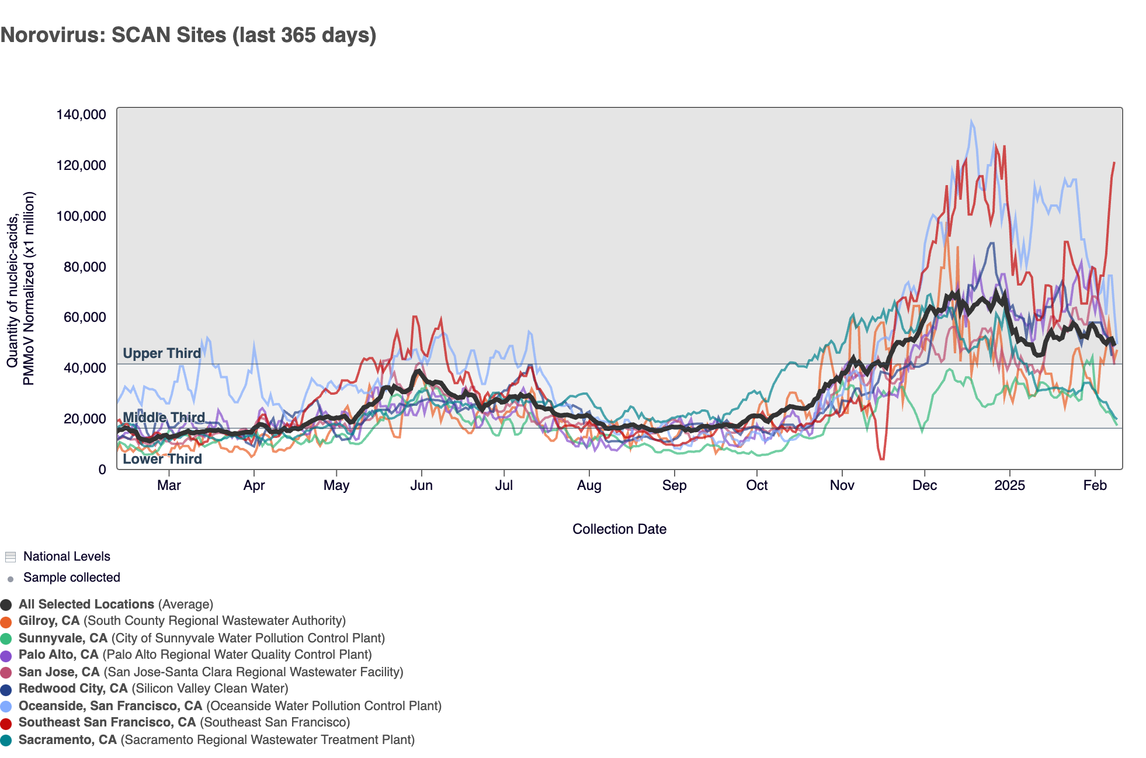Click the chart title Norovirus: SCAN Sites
(x=188, y=35)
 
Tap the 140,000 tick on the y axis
(x=81, y=114)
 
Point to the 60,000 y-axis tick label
(x=85, y=317)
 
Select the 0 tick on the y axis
(x=102, y=470)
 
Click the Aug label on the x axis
(x=589, y=485)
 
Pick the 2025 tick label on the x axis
(x=1009, y=485)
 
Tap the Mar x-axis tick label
(x=169, y=485)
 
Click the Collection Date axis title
(x=619, y=529)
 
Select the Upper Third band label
(x=162, y=353)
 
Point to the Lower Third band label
(x=162, y=459)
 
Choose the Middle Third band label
(x=164, y=418)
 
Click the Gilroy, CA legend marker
(x=6, y=622)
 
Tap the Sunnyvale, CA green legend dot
(x=6, y=639)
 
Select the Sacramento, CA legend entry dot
(x=6, y=740)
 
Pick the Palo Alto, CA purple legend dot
(x=6, y=656)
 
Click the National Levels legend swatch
(x=10, y=557)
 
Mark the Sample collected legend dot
(x=11, y=579)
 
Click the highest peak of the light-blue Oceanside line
(x=971, y=121)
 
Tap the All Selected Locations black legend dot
(x=6, y=605)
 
